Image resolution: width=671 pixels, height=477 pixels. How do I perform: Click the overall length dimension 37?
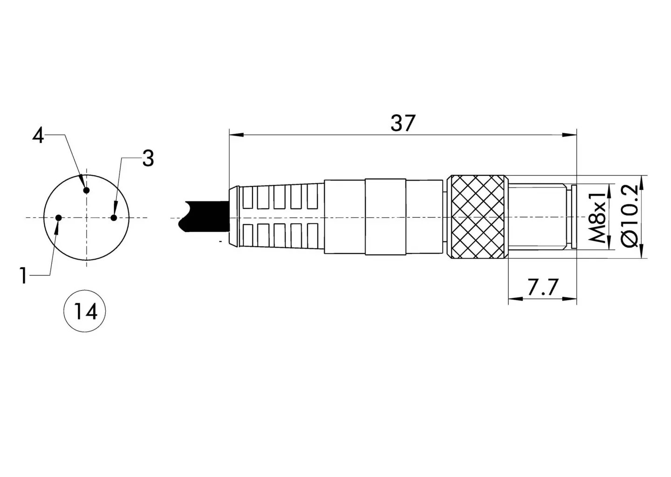403,123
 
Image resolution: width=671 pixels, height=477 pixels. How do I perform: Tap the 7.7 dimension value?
542,287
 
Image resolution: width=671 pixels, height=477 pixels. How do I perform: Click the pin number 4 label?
38,136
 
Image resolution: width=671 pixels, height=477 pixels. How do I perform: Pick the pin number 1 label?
23,276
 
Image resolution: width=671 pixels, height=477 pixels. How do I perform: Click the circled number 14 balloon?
85,311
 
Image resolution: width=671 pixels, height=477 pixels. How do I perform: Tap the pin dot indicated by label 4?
87,190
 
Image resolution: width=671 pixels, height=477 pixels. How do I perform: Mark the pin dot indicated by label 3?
114,218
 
